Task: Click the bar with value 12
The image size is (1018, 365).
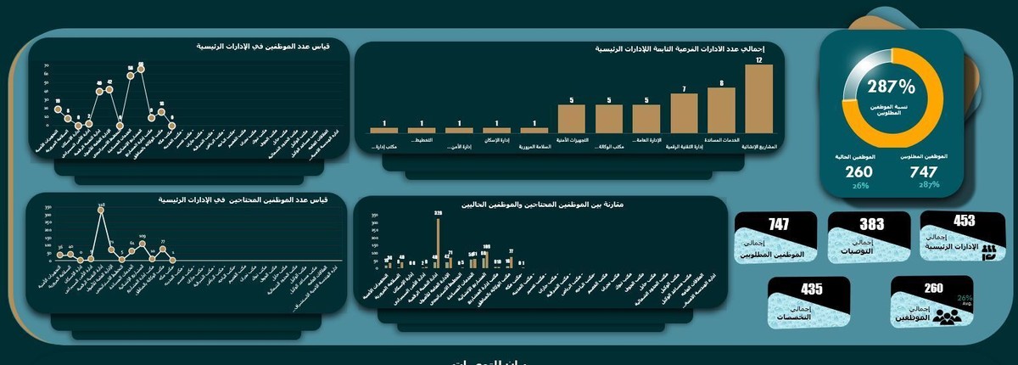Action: click(x=758, y=98)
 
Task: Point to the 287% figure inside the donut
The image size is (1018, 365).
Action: click(x=891, y=87)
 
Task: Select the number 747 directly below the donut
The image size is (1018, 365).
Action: click(x=923, y=171)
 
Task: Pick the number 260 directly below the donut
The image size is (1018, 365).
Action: click(x=859, y=171)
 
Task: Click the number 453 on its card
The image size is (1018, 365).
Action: click(x=964, y=221)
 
